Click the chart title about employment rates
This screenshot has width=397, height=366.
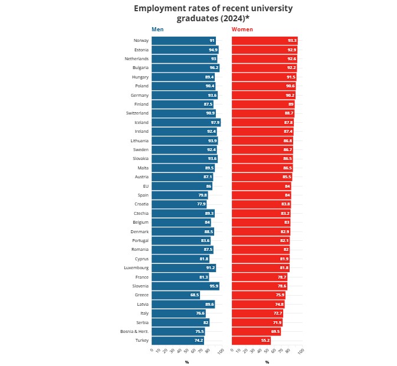tap(213, 13)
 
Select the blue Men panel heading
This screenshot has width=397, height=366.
tap(158, 29)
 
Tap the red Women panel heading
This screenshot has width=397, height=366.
tap(242, 29)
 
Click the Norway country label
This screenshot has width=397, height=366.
tap(141, 41)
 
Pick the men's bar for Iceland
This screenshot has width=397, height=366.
tap(185, 122)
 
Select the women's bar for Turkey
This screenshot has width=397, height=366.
tap(251, 341)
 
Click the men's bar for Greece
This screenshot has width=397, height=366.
tap(175, 295)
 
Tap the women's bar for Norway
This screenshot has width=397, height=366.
tap(264, 41)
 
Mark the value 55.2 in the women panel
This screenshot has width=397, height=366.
tap(265, 341)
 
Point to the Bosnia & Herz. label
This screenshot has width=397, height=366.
tap(134, 332)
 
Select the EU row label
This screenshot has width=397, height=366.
tap(145, 186)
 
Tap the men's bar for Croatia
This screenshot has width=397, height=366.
tap(179, 204)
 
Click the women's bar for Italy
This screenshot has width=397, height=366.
tap(257, 313)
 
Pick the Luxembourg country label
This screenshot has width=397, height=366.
tap(136, 268)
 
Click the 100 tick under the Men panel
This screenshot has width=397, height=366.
tap(220, 352)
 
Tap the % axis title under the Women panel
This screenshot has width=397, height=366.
tap(267, 362)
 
